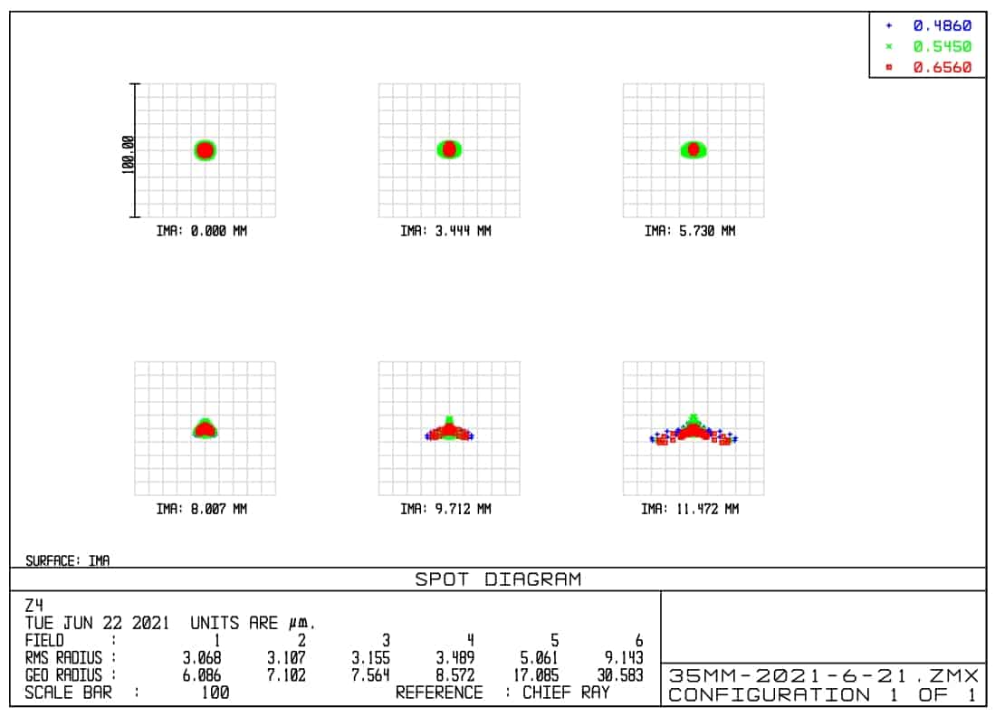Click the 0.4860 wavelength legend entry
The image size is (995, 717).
[942, 25]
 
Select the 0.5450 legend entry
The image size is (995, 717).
[942, 46]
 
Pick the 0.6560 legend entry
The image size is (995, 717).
[942, 67]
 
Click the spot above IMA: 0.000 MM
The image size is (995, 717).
[206, 150]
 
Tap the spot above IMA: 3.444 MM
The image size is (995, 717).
[449, 149]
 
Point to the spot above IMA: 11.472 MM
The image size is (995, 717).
[693, 431]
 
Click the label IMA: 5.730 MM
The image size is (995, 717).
[690, 231]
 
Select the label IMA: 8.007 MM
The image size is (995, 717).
[202, 509]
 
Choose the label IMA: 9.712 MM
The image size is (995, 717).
[445, 509]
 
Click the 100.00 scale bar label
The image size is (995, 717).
[128, 151]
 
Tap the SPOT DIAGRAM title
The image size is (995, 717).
[498, 579]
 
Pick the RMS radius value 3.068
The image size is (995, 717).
[202, 658]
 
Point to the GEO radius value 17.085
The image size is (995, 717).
[538, 675]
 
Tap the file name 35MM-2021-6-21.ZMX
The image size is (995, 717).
[823, 675]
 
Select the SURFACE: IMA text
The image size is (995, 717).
[68, 561]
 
